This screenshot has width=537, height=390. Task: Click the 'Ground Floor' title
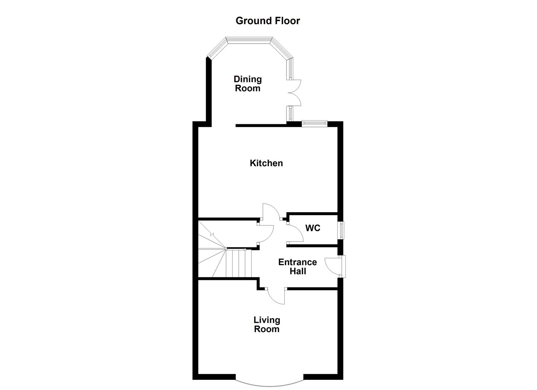(268, 21)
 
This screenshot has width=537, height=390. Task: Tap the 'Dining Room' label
(248, 84)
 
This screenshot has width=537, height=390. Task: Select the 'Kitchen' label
(266, 163)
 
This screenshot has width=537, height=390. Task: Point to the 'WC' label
(312, 228)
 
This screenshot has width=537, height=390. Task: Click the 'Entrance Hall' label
(297, 267)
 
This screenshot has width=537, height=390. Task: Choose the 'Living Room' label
(267, 324)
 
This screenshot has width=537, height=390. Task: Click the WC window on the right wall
(341, 230)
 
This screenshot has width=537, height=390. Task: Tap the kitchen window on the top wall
(314, 123)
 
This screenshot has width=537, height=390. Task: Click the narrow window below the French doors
(290, 114)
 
